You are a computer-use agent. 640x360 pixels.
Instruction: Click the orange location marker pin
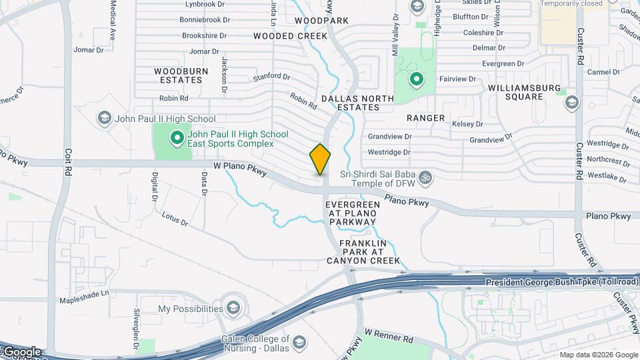click(x=320, y=159)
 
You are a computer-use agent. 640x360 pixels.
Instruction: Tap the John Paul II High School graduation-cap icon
click(x=104, y=119)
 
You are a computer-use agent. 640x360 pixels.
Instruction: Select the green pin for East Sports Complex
click(x=177, y=139)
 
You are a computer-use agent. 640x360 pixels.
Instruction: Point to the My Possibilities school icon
click(x=233, y=308)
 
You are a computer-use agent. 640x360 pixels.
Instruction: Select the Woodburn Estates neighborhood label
click(x=181, y=75)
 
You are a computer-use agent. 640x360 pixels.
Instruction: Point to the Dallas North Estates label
click(x=358, y=103)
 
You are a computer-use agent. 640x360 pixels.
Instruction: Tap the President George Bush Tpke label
click(x=561, y=282)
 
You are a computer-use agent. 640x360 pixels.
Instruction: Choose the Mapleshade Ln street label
click(x=84, y=300)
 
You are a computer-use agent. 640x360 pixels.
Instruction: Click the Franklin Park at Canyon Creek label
click(x=370, y=252)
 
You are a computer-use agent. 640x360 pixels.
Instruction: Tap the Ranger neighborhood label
click(x=425, y=118)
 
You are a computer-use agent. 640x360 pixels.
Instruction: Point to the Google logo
click(x=21, y=352)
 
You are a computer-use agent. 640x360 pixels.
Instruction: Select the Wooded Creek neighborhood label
click(x=290, y=36)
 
